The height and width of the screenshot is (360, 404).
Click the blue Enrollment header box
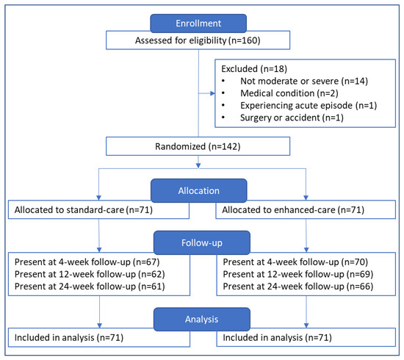point(198,24)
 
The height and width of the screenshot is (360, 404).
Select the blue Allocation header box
point(199,191)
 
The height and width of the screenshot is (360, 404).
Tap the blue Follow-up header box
point(202,242)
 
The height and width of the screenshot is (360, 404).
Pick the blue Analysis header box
point(202,320)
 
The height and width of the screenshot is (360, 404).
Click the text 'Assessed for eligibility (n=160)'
point(198,40)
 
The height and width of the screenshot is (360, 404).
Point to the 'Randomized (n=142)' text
point(198,146)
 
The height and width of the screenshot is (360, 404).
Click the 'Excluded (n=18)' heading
point(254,69)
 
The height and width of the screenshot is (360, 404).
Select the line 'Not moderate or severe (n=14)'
point(304,81)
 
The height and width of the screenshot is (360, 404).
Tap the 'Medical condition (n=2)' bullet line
point(289,93)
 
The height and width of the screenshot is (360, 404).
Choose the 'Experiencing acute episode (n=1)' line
point(309,105)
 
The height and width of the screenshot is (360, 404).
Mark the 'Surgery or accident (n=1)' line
point(292,118)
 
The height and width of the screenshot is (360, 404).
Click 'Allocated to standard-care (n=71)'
point(84,210)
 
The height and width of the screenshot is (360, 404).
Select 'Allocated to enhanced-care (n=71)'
point(293,210)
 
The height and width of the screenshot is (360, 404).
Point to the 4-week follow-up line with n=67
point(87,262)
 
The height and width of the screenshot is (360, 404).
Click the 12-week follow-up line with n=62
point(90,274)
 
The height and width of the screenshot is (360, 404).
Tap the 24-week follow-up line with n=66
point(298,287)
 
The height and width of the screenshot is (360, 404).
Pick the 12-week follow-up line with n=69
point(298,274)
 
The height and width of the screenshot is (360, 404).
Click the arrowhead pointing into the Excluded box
point(212,93)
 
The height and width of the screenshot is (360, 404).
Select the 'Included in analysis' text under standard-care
point(69,337)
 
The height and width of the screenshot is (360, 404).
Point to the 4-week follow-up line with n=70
point(295,262)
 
